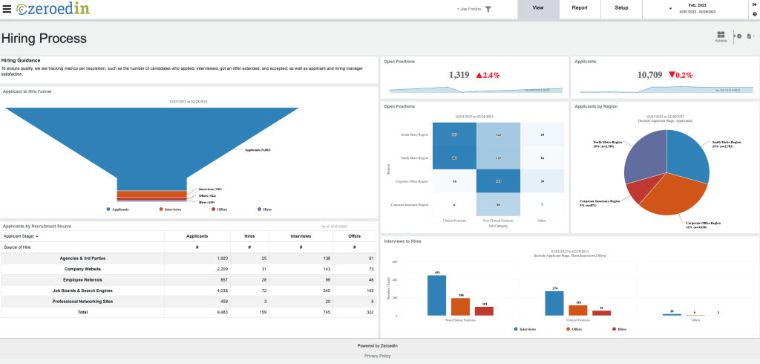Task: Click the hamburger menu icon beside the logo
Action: tap(7, 8)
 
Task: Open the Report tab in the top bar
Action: tap(580, 8)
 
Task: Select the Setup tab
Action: tap(621, 8)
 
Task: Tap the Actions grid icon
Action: tap(721, 36)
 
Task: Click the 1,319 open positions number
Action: tap(459, 75)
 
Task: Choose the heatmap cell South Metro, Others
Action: tap(543, 134)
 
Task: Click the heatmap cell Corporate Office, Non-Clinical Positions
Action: tap(498, 181)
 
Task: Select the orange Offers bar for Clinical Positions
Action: tap(578, 310)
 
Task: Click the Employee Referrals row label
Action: tap(82, 280)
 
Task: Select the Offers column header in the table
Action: tap(350, 235)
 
